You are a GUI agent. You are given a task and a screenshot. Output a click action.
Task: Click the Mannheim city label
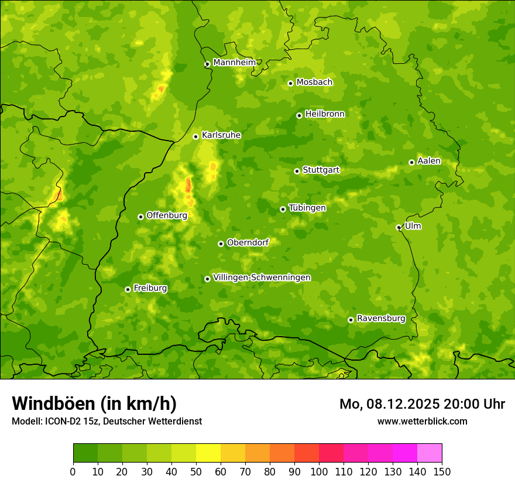pyautogui.click(x=234, y=63)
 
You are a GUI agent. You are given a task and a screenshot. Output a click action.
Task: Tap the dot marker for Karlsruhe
pyautogui.click(x=196, y=136)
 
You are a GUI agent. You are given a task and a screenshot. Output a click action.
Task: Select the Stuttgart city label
pyautogui.click(x=321, y=170)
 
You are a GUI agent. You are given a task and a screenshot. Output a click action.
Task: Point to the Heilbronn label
pyautogui.click(x=325, y=114)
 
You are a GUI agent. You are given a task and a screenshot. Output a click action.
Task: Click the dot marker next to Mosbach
pyautogui.click(x=290, y=83)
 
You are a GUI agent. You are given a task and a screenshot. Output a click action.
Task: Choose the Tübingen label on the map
pyautogui.click(x=307, y=208)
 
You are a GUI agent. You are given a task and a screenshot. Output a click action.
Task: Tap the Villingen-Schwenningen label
pyautogui.click(x=262, y=278)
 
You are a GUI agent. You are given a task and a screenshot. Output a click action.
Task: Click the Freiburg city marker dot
pyautogui.click(x=128, y=289)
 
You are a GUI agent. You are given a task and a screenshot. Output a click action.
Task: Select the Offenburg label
pyautogui.click(x=167, y=215)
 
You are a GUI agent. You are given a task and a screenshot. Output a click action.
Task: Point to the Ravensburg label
pyautogui.click(x=381, y=319)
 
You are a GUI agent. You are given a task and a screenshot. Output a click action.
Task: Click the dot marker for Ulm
pyautogui.click(x=399, y=227)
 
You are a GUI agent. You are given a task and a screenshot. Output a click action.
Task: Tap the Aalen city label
pyautogui.click(x=429, y=161)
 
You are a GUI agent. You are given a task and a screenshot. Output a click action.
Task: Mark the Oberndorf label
pyautogui.click(x=248, y=242)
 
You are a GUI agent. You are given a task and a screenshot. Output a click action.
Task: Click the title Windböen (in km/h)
pyautogui.click(x=94, y=403)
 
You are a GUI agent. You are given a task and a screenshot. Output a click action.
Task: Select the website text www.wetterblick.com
pyautogui.click(x=422, y=421)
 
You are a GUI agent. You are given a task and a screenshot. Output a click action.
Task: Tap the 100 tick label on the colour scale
pyautogui.click(x=319, y=472)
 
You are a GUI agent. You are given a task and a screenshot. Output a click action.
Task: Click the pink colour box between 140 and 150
pyautogui.click(x=430, y=453)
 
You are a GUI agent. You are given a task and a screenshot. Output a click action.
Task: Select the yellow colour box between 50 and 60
pyautogui.click(x=208, y=453)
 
